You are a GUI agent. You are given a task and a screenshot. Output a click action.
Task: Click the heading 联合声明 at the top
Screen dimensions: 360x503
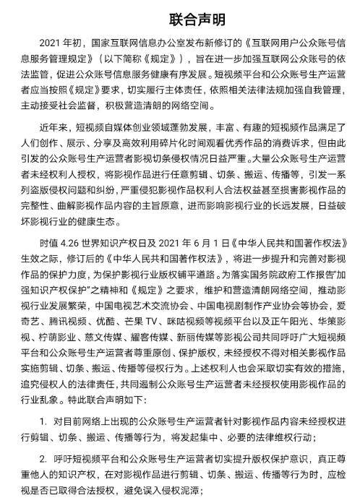[x=180, y=18]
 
